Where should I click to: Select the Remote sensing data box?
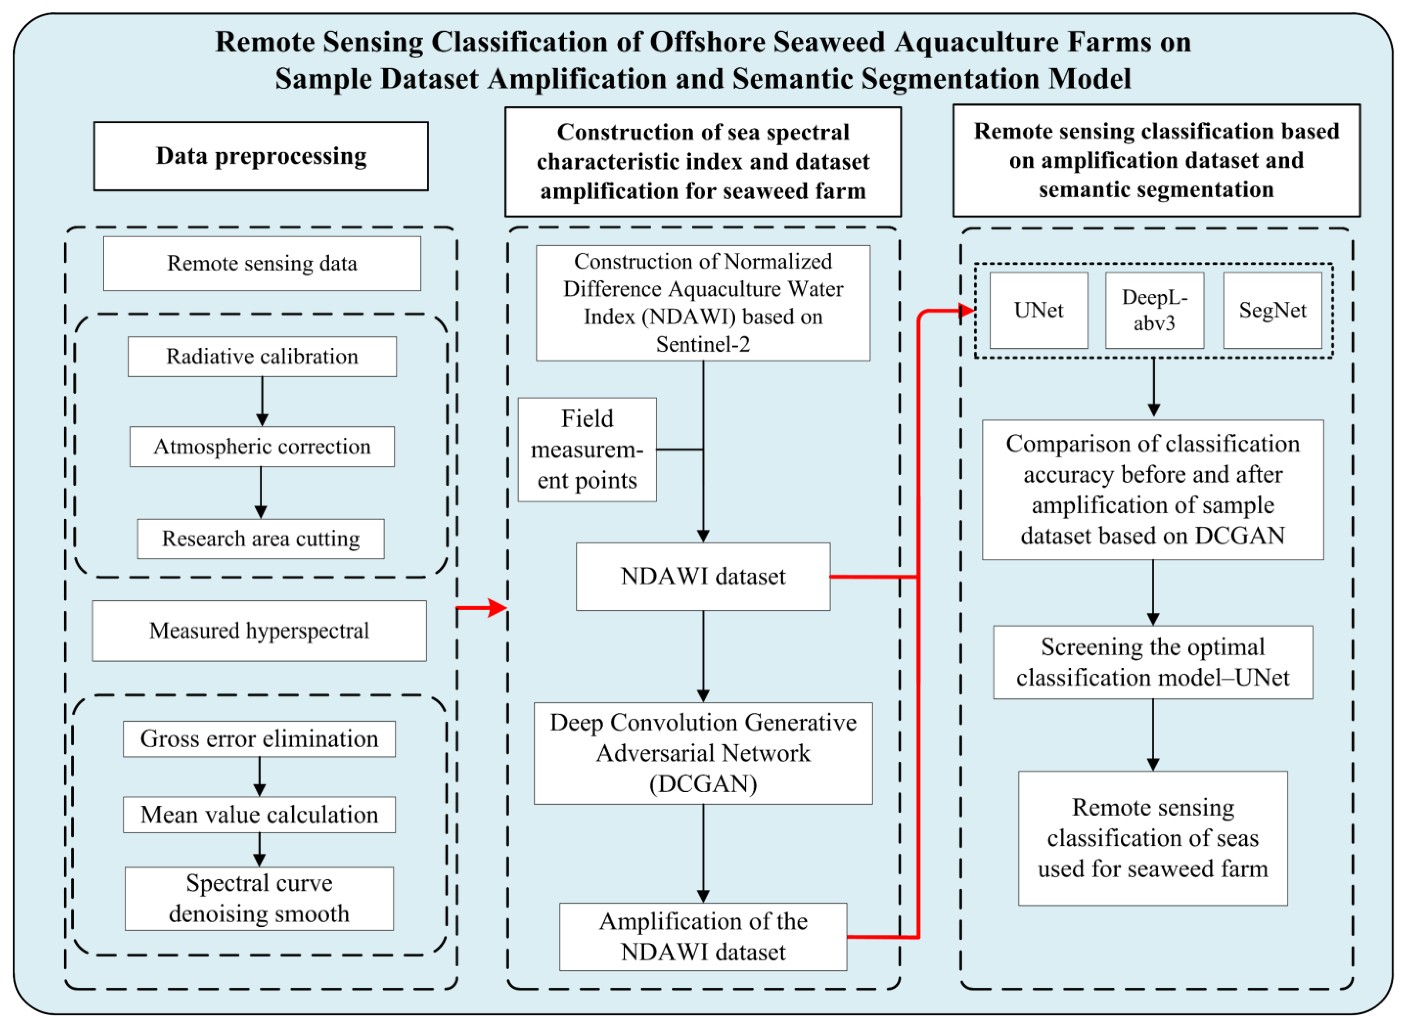(x=262, y=264)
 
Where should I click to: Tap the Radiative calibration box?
(x=262, y=357)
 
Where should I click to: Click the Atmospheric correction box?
(x=262, y=446)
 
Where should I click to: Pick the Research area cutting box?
(x=261, y=538)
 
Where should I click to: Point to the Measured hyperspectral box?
(x=259, y=631)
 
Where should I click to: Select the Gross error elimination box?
(x=259, y=739)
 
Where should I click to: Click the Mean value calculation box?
(x=259, y=814)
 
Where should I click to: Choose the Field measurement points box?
(x=587, y=450)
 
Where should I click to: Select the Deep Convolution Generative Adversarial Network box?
(x=703, y=753)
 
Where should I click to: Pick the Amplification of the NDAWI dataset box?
(x=703, y=937)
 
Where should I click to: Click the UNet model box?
(x=1039, y=310)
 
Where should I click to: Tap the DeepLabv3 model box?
(x=1155, y=310)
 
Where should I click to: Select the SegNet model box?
(x=1272, y=310)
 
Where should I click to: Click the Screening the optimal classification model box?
(x=1153, y=662)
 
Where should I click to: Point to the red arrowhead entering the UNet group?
(x=966, y=310)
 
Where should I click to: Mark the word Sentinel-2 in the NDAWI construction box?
(x=703, y=344)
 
